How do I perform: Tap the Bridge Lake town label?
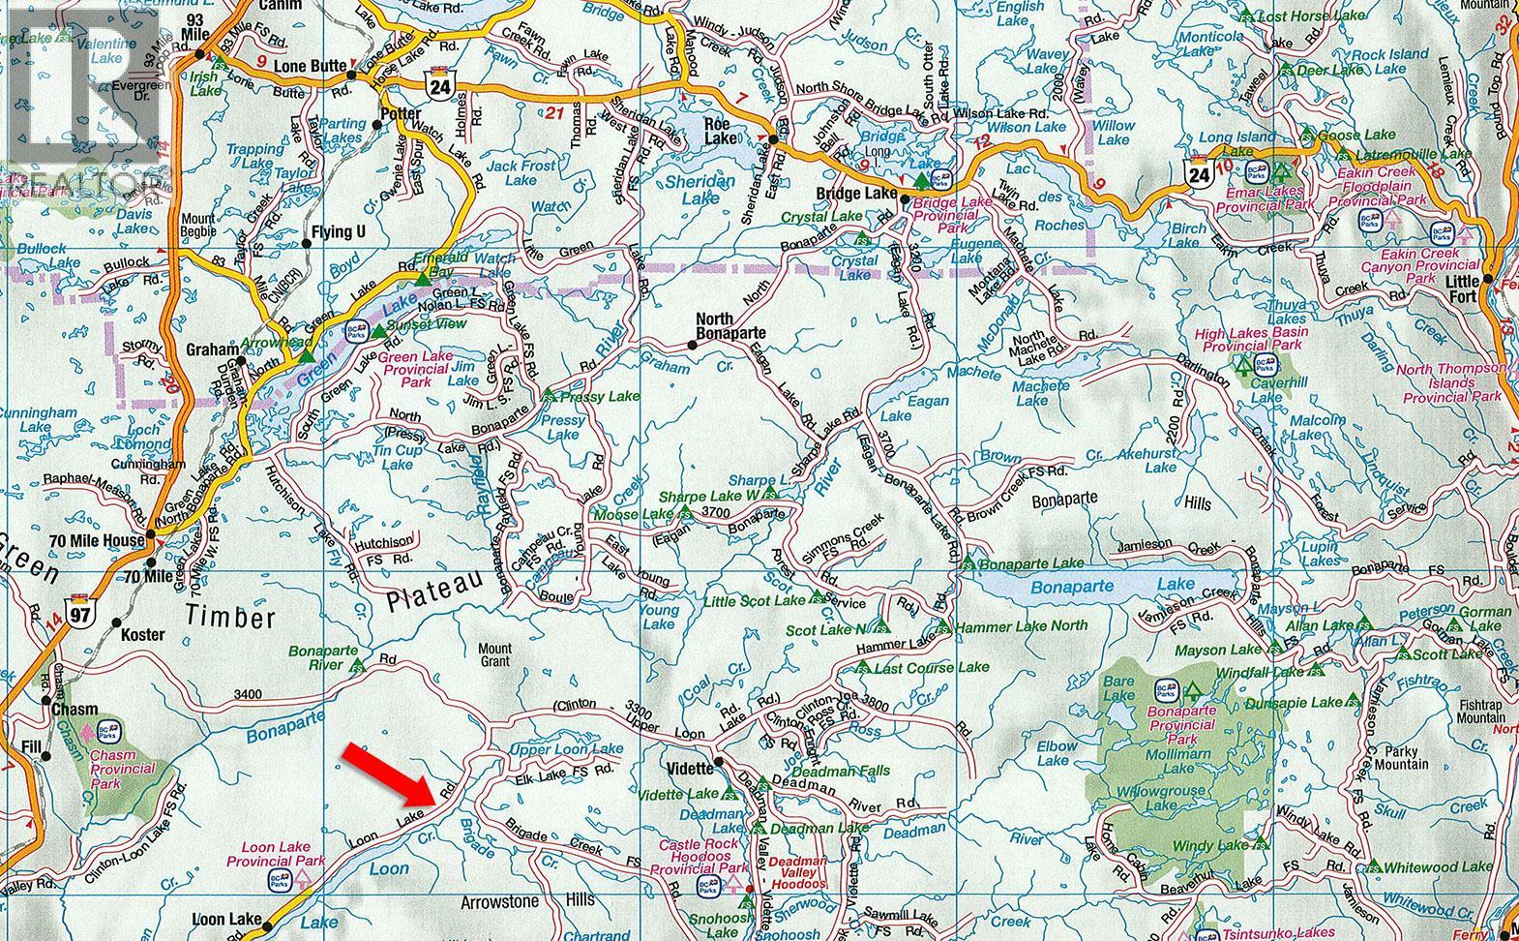(855, 194)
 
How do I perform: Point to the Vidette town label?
(689, 767)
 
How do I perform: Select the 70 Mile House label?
(93, 540)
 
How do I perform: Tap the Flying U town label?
(339, 232)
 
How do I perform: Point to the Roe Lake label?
(720, 131)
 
